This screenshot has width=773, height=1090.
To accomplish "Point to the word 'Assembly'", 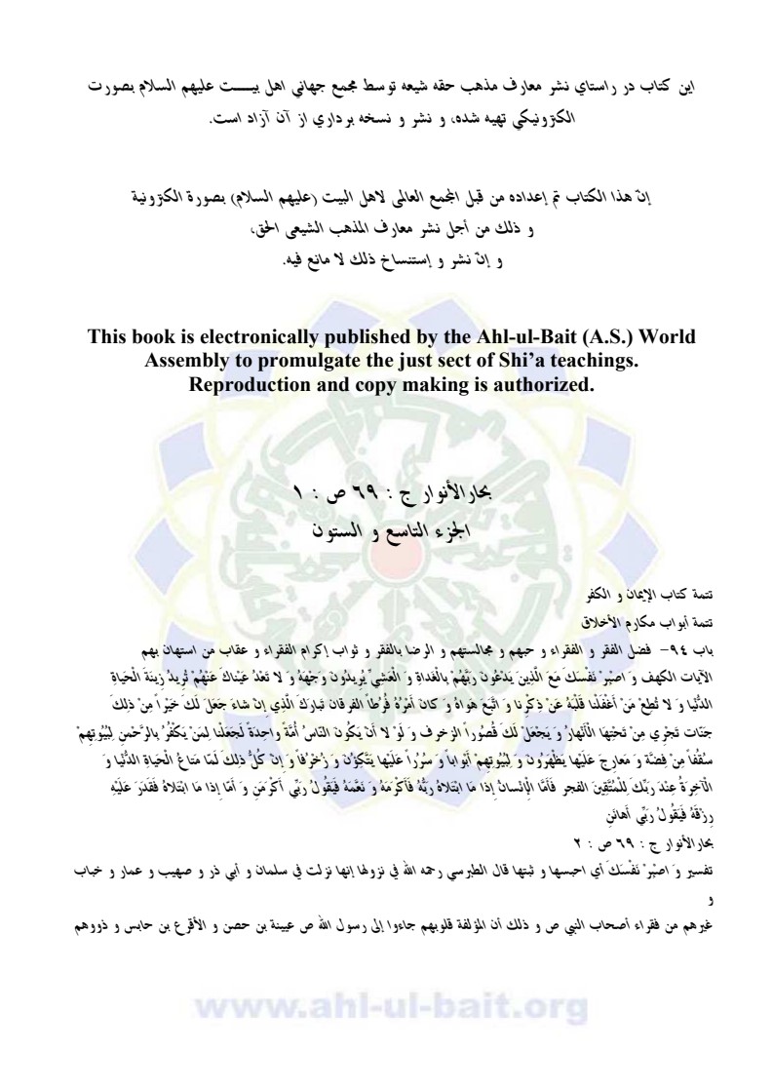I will (x=187, y=360).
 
